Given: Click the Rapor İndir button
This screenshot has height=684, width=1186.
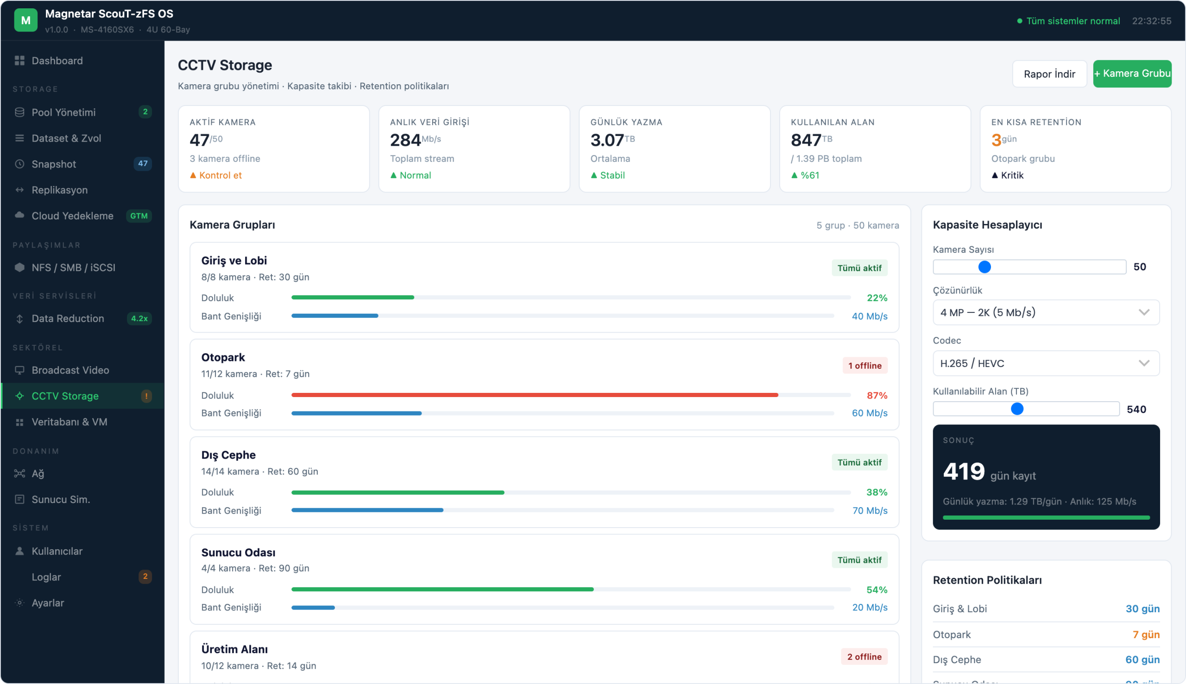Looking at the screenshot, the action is coord(1049,74).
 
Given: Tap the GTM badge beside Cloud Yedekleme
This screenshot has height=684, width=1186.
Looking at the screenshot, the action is coord(139,216).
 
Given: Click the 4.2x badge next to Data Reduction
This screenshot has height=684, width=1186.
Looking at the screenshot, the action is coord(139,318).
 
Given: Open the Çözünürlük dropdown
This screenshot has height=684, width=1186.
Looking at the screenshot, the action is coord(1046,312).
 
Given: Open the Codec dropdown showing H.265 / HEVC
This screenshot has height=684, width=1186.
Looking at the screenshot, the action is coord(1046,363).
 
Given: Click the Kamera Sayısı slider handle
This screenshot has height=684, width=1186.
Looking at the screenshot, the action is coord(984,267).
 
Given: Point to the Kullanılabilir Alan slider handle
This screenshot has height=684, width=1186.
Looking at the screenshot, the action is coord(1017,409).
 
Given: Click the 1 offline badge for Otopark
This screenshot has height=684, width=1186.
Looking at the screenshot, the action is coord(864,366).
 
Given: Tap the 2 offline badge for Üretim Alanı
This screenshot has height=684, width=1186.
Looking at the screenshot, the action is coord(864,657).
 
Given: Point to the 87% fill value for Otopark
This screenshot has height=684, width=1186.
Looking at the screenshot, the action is coord(877,396).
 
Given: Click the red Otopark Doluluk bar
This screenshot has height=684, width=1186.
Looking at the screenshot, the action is coord(535,395).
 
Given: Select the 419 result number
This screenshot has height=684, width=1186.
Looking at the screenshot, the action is coord(964,471).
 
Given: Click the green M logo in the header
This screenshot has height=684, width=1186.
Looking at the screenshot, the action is coord(26,20).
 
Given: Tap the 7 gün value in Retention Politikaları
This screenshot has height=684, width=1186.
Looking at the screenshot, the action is coord(1146,634).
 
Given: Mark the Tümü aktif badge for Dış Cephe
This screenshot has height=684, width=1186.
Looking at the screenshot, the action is coord(859,462).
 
